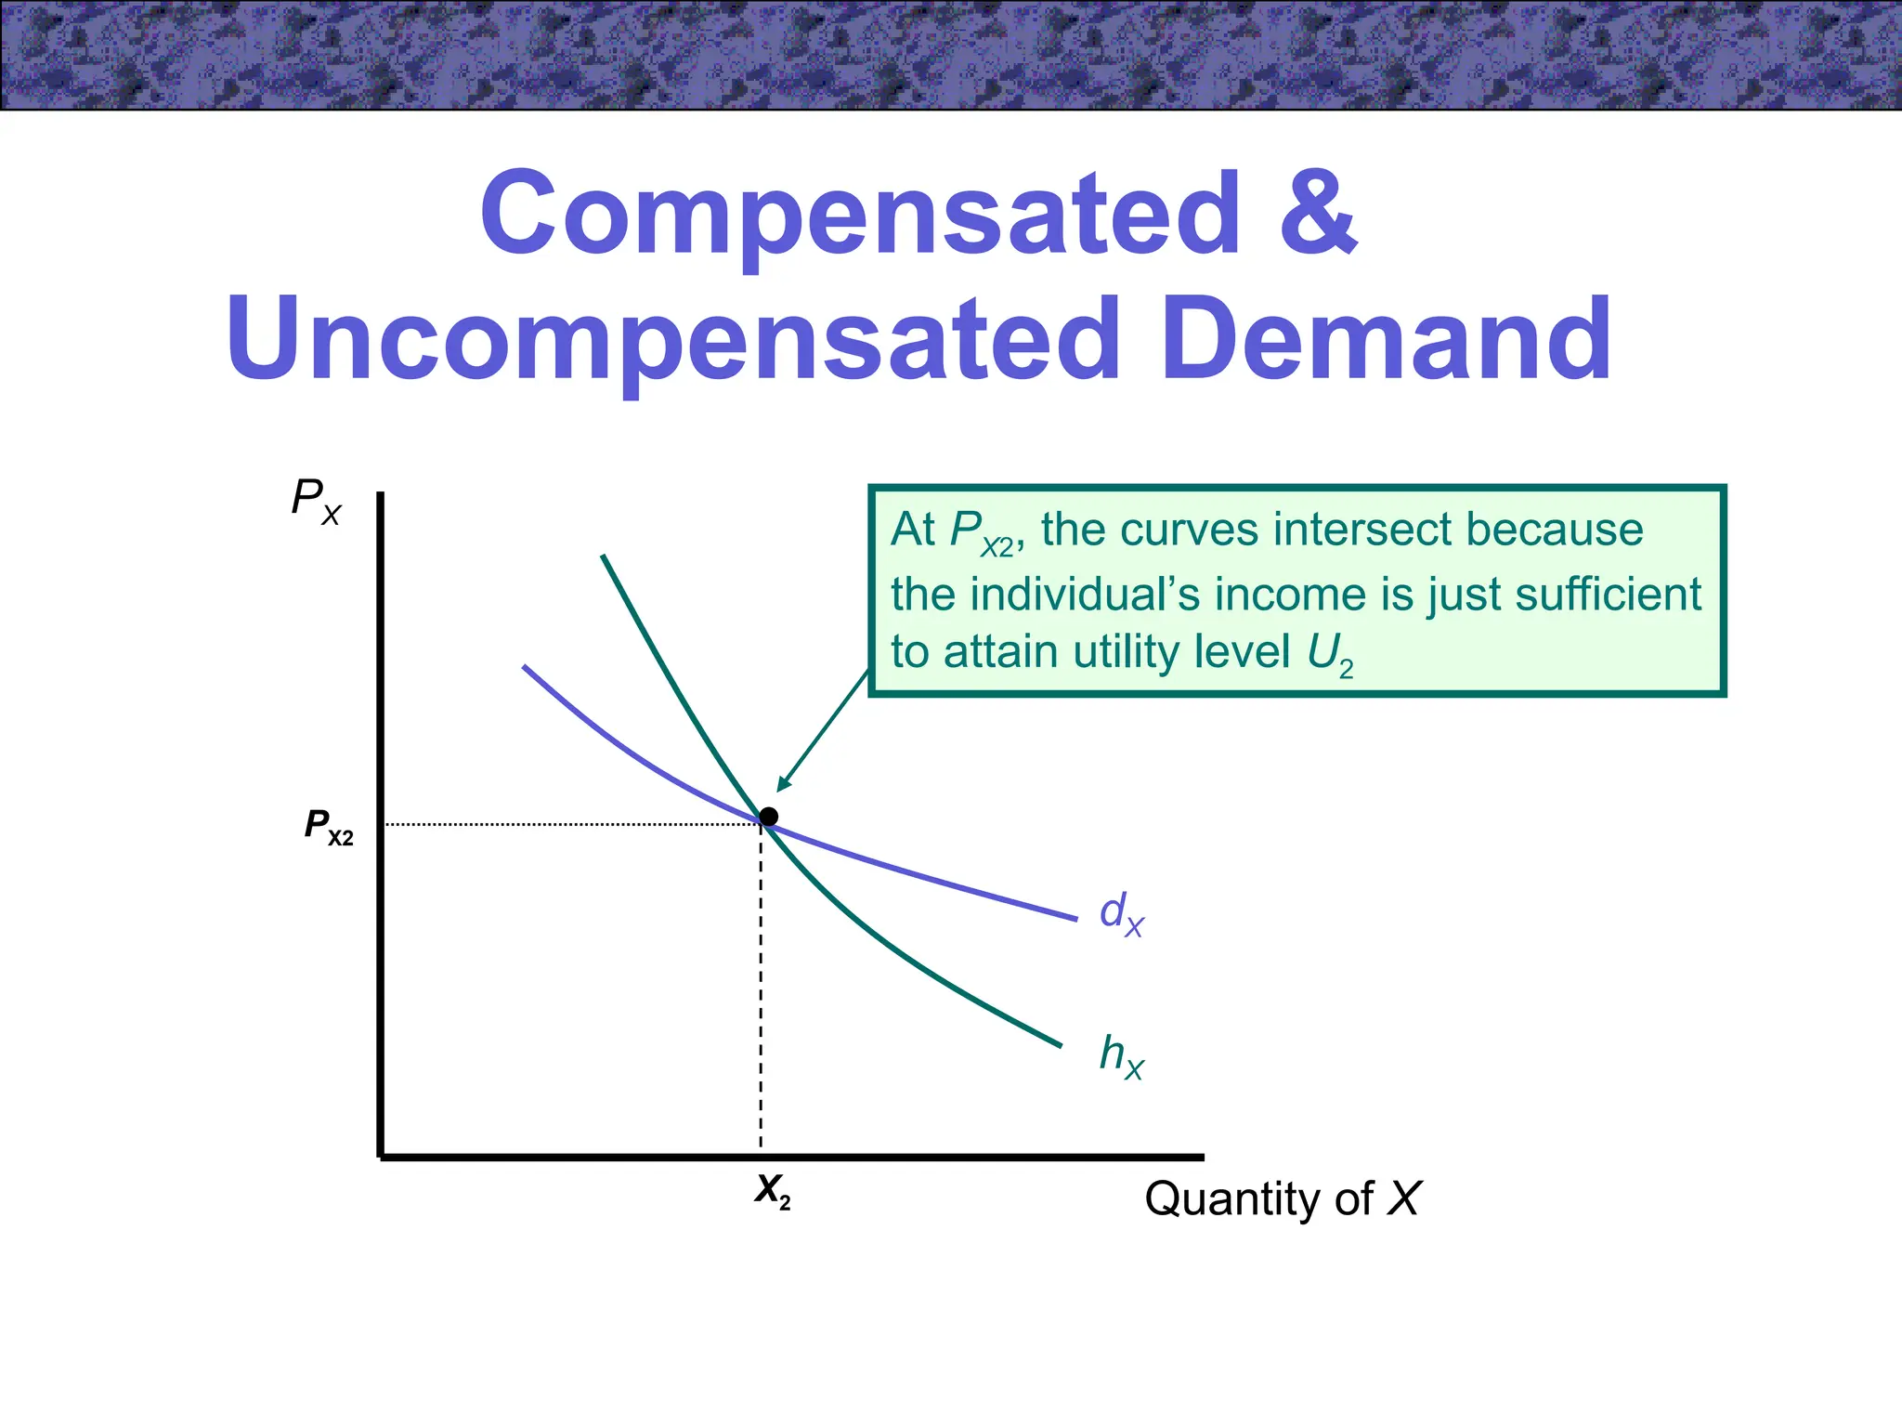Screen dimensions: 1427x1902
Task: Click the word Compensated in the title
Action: pyautogui.click(x=860, y=216)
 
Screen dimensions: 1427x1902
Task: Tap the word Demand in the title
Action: pyautogui.click(x=1387, y=340)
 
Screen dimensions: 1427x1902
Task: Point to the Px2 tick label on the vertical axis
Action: pyautogui.click(x=329, y=826)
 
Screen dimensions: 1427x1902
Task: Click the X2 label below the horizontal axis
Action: pyautogui.click(x=772, y=1191)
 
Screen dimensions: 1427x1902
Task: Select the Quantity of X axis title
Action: pyautogui.click(x=1282, y=1198)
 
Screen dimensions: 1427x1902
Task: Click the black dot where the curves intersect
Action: pyautogui.click(x=769, y=817)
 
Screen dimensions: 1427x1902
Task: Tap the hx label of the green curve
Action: pyautogui.click(x=1121, y=1056)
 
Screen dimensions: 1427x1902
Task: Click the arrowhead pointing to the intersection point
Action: pyautogui.click(x=783, y=785)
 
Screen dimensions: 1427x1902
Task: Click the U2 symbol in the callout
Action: pyautogui.click(x=1329, y=654)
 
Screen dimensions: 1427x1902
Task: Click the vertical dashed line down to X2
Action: pyautogui.click(x=761, y=1003)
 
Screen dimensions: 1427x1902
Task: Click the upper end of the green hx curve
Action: pyautogui.click(x=606, y=560)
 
